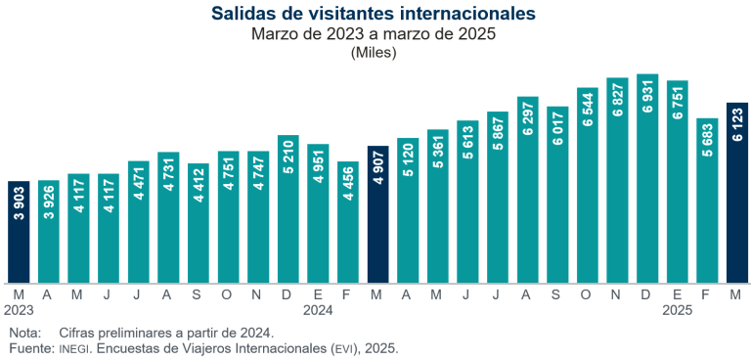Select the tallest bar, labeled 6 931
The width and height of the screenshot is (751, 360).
click(647, 177)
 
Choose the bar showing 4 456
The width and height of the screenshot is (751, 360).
click(348, 221)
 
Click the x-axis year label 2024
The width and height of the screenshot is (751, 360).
click(318, 310)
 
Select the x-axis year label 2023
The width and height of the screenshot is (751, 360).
click(19, 310)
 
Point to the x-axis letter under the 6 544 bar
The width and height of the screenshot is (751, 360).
click(587, 293)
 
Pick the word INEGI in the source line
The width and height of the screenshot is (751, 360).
click(75, 348)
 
